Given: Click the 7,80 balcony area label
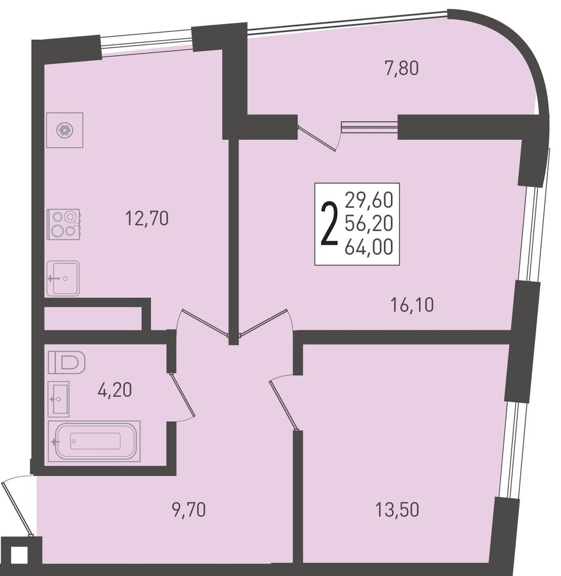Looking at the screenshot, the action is [x=402, y=69].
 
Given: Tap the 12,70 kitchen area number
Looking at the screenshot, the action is [x=147, y=219].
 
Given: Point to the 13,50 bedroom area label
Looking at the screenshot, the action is [x=397, y=510].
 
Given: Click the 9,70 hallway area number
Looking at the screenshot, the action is [x=189, y=510].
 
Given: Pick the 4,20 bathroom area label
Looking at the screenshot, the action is [x=115, y=390].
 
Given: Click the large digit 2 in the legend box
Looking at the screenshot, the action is [x=330, y=224].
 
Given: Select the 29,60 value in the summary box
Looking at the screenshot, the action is [x=369, y=200].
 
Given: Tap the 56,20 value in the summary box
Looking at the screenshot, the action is [x=369, y=223].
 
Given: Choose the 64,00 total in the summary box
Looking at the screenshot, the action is [x=369, y=247].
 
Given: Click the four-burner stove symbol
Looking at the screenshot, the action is [x=64, y=224].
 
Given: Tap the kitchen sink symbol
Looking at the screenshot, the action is [x=63, y=278].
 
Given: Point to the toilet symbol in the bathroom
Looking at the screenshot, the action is [x=67, y=363].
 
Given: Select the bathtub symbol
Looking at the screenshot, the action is [x=94, y=441].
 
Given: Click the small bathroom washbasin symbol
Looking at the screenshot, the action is [x=58, y=399].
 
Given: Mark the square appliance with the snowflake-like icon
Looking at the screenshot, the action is [x=64, y=130].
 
